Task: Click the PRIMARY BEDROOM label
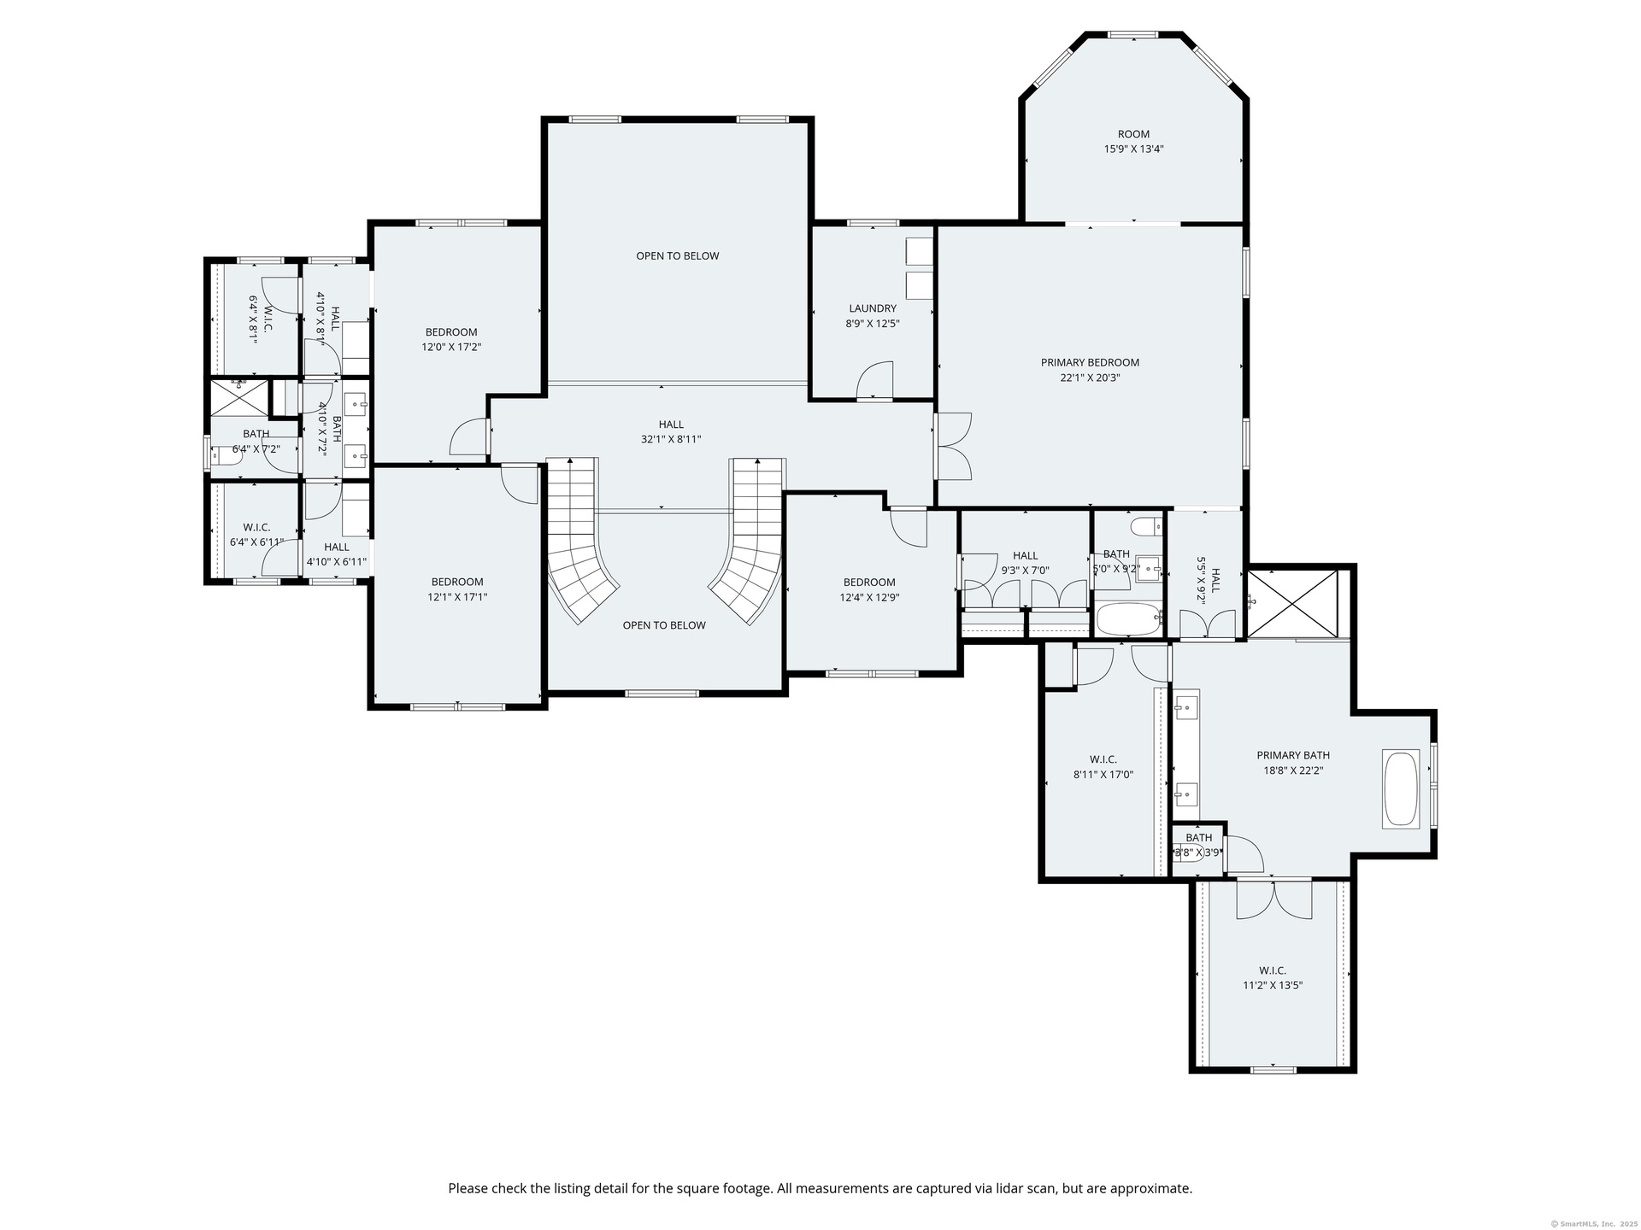[1090, 362]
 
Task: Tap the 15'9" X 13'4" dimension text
[1133, 149]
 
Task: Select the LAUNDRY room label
[873, 308]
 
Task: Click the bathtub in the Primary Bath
[1401, 788]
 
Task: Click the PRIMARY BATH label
[1293, 755]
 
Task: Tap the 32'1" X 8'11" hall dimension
[671, 439]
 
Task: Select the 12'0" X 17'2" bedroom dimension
[451, 348]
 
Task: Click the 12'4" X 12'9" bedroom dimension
[869, 598]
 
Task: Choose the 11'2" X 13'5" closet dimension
[1273, 985]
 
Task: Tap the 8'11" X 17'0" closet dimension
[1103, 775]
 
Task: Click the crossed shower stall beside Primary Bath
[1292, 604]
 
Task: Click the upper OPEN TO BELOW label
[678, 255]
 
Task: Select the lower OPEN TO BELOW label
[664, 625]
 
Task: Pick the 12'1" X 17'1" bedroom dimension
[457, 597]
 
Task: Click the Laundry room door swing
[874, 380]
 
